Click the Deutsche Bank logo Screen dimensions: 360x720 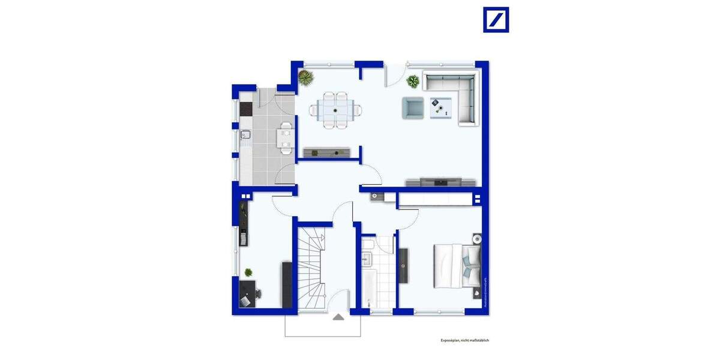click(x=496, y=20)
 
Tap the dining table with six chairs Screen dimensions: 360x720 click(x=336, y=110)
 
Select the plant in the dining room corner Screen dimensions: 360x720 click(x=306, y=77)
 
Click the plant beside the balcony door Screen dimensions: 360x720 click(x=413, y=81)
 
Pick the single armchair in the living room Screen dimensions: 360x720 click(x=413, y=107)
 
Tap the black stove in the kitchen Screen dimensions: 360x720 click(x=246, y=109)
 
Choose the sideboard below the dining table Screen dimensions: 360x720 click(x=327, y=152)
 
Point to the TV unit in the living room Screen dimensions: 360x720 click(x=442, y=182)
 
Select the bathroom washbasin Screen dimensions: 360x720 click(x=368, y=259)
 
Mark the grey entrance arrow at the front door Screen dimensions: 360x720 click(x=339, y=317)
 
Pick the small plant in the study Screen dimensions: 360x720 click(x=248, y=272)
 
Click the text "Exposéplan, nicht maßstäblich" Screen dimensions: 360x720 click(x=465, y=340)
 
